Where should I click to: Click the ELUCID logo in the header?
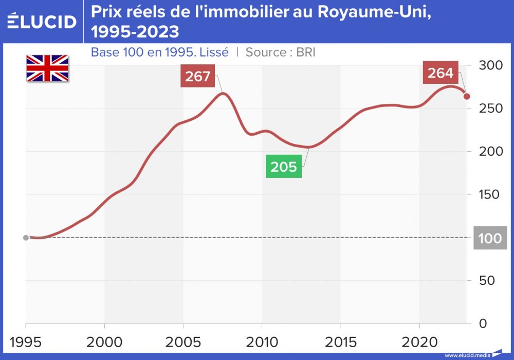coord(42,21)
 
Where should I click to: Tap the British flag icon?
coord(47,68)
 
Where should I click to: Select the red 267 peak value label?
coord(198,77)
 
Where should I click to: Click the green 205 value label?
coord(284,167)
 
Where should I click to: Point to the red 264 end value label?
coord(440,73)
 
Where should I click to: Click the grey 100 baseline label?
coord(490,239)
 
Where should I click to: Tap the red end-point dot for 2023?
coord(467,96)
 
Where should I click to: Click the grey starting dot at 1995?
coord(26,238)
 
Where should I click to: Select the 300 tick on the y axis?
coord(490,66)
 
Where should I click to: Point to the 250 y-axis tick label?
coord(490,109)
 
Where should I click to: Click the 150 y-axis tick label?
coord(490,195)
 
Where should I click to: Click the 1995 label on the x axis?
coord(26,341)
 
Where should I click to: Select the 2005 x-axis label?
coord(183,341)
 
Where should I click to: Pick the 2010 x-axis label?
coord(262,341)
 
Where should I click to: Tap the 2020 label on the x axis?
coord(419,341)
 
